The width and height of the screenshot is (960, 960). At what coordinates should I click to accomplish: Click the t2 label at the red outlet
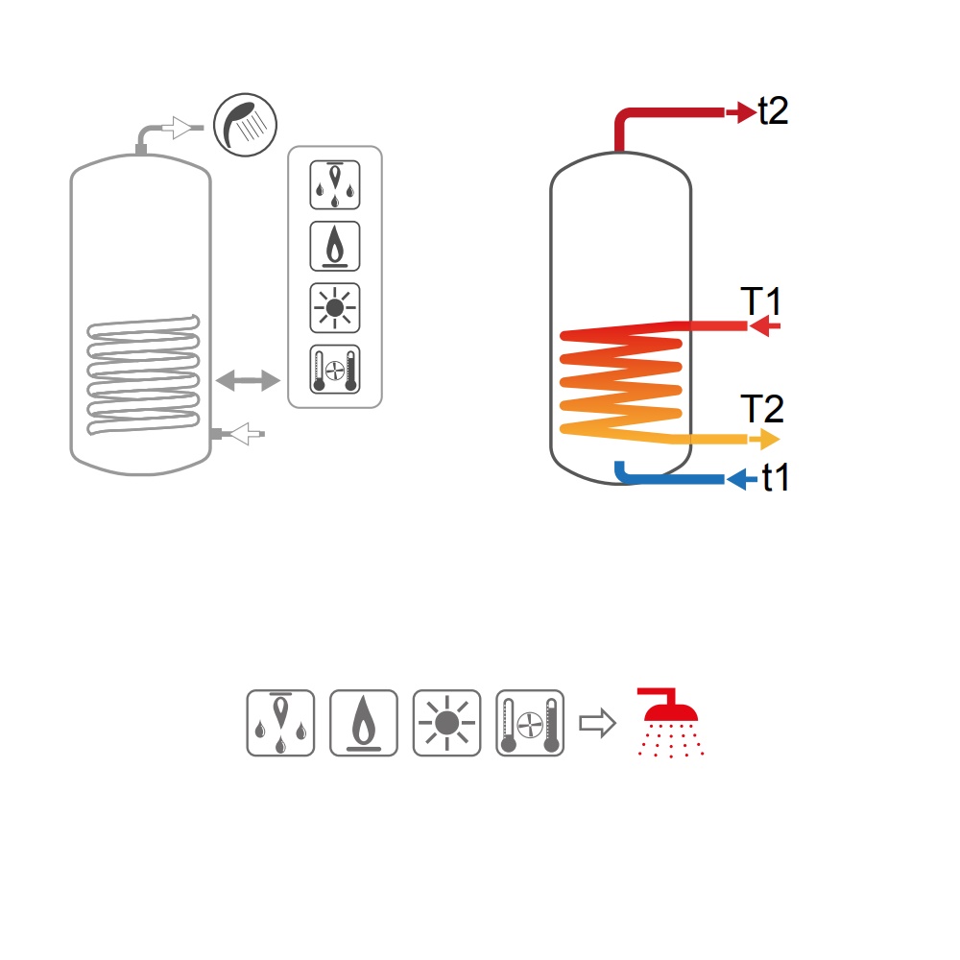click(773, 110)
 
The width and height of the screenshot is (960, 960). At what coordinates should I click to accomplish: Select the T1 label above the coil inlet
click(761, 300)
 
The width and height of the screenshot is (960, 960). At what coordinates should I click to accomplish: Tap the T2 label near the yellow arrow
click(762, 408)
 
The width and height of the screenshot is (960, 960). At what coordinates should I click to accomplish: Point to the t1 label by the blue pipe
click(775, 477)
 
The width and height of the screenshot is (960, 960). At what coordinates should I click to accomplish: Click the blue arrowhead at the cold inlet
click(741, 479)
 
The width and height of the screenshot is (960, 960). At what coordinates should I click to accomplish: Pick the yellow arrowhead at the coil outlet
click(764, 439)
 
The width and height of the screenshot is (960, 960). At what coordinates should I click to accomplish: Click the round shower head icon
click(245, 125)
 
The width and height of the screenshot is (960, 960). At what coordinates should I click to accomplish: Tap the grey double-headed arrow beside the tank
click(248, 380)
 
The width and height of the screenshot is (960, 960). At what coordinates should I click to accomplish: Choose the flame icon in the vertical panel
click(335, 246)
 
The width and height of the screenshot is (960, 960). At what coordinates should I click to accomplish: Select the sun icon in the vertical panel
click(335, 308)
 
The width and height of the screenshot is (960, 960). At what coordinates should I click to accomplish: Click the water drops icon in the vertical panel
click(335, 185)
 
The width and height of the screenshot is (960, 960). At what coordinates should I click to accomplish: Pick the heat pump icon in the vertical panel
click(335, 370)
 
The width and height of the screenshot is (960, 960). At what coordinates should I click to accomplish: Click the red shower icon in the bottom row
click(670, 723)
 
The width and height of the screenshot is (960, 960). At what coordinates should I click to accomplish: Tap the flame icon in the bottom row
click(364, 723)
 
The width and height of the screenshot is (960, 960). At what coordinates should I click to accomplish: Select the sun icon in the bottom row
click(447, 723)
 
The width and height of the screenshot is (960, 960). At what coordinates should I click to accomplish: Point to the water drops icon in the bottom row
click(280, 723)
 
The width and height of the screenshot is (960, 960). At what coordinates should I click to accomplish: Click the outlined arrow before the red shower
click(597, 723)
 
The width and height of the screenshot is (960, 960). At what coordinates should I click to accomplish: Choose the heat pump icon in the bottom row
click(530, 723)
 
